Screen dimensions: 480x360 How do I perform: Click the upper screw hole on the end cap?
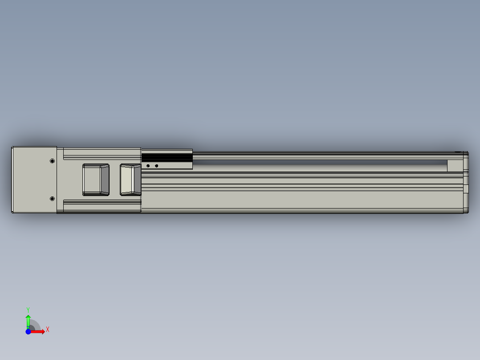tap(53, 161)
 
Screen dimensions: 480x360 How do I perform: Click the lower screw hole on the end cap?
tap(53, 199)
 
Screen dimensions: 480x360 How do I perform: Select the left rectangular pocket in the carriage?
tap(96, 180)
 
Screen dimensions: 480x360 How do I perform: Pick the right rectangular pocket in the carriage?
tap(131, 180)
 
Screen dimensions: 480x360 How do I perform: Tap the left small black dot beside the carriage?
tap(148, 166)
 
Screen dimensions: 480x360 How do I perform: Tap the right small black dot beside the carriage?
tap(156, 166)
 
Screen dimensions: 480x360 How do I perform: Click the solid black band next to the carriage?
tap(167, 158)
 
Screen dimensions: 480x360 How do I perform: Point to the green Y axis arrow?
tap(28, 322)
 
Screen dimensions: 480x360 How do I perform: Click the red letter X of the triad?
tap(48, 330)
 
